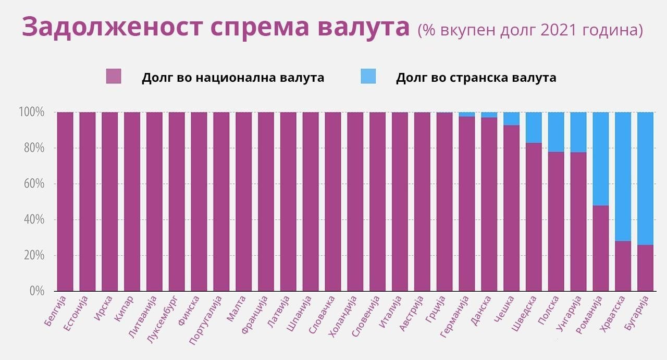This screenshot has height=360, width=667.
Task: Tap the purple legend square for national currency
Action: click(x=113, y=77)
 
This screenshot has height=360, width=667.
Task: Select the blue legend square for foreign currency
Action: click(x=368, y=77)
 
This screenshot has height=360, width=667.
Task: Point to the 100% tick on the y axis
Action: click(x=32, y=112)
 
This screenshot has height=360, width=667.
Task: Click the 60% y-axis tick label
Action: click(x=34, y=184)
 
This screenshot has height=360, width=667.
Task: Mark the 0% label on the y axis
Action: click(x=36, y=291)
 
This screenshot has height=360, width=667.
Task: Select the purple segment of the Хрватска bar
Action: click(x=623, y=266)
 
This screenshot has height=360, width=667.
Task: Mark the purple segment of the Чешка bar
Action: click(x=511, y=208)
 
